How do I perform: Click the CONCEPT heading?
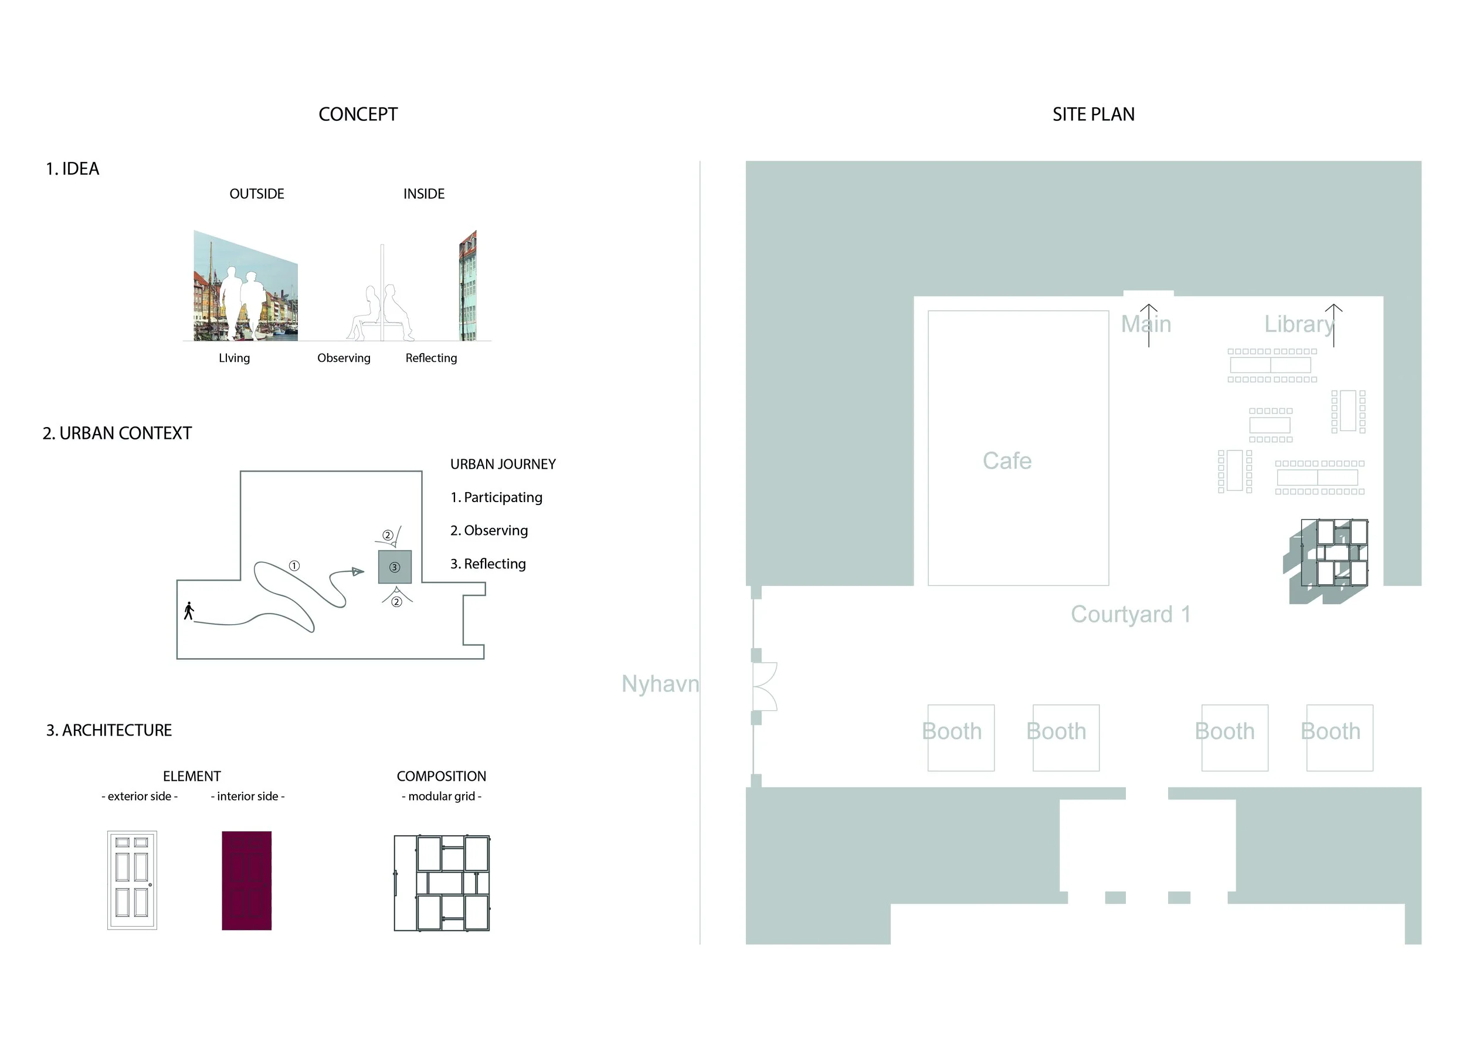click(358, 114)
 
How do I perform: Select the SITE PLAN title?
click(1093, 114)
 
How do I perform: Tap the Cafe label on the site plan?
click(1007, 460)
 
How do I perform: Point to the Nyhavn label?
click(660, 683)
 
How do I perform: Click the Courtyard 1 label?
click(1131, 614)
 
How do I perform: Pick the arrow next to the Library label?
click(1334, 325)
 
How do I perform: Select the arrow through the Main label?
click(1149, 325)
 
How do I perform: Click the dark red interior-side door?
click(246, 880)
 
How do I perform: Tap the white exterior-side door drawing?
click(132, 880)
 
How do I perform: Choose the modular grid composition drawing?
click(442, 883)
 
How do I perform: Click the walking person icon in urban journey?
click(188, 611)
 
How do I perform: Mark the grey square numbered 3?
click(395, 567)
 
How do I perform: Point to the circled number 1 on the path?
click(294, 566)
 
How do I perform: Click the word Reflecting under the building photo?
click(431, 358)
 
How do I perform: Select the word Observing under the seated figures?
click(344, 358)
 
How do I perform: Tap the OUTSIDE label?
click(257, 194)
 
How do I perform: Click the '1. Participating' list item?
click(496, 497)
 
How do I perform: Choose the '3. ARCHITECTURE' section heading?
click(108, 730)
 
